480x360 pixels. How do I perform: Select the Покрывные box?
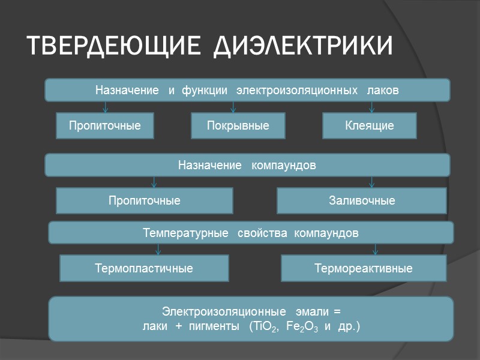tap(238, 126)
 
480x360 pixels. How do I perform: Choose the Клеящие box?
tap(369, 126)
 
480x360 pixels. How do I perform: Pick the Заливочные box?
tap(361, 200)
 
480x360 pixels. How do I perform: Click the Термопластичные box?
tap(144, 268)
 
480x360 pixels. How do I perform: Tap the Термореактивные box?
tap(364, 268)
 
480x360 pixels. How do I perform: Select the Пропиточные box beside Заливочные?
tap(144, 200)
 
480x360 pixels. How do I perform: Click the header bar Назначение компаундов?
tap(247, 164)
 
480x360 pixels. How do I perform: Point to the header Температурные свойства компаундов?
tap(251, 232)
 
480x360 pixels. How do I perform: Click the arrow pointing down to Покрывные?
tap(233, 107)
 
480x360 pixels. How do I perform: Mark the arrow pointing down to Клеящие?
tap(372, 107)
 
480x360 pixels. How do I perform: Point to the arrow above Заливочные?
tap(372, 182)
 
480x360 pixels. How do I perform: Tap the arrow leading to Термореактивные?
tap(375, 249)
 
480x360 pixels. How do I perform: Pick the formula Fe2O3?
tap(300, 327)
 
